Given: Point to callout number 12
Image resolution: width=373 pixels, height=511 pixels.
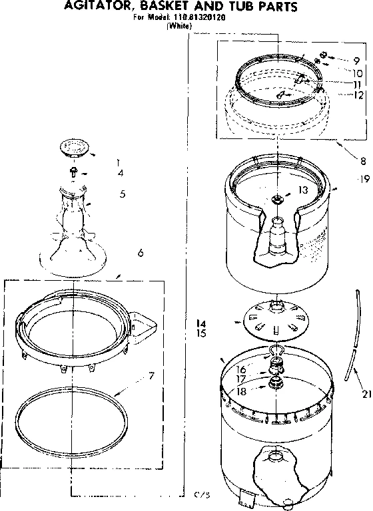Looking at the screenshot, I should point(358,95).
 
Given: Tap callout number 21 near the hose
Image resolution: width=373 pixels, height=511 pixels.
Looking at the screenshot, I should point(366,395).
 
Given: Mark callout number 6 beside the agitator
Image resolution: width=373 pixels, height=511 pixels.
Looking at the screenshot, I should point(140,252).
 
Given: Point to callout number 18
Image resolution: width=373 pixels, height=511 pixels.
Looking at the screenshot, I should point(241,393).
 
